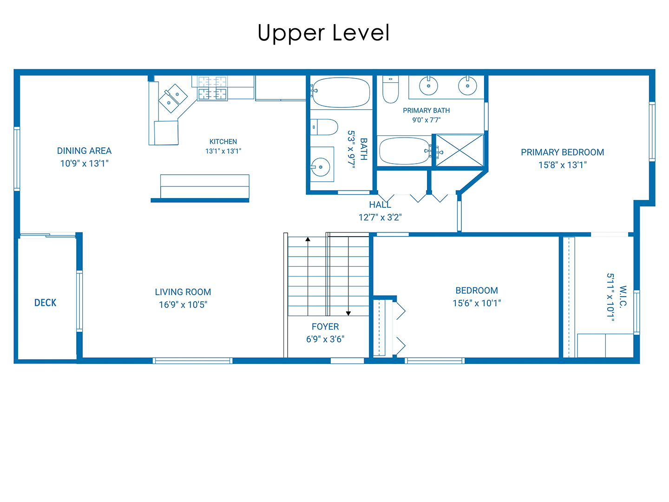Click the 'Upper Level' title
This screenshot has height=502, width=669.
point(323,33)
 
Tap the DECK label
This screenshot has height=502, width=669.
point(46,303)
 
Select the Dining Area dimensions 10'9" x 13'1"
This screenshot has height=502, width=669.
point(85,164)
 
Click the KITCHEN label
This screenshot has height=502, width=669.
point(223,141)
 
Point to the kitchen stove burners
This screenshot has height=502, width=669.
point(212,88)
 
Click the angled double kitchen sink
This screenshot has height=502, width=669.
point(173,98)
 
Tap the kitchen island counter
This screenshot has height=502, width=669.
point(204,186)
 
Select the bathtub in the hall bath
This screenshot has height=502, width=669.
point(341,92)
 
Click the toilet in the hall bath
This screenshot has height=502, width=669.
point(324,127)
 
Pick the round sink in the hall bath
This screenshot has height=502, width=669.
point(321,167)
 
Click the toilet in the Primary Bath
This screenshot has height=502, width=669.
point(390,89)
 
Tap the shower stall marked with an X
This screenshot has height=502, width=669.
point(459,151)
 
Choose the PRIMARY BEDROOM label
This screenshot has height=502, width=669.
point(562,152)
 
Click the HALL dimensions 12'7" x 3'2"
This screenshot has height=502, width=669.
point(380,218)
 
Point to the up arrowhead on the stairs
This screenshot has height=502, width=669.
point(308,239)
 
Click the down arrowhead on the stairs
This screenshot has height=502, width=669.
point(348,313)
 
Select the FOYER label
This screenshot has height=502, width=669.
point(325,326)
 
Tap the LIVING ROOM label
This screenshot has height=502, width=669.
point(183,292)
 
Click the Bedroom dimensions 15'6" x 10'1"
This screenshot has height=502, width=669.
point(477,303)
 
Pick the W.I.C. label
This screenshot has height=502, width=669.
point(623,297)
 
